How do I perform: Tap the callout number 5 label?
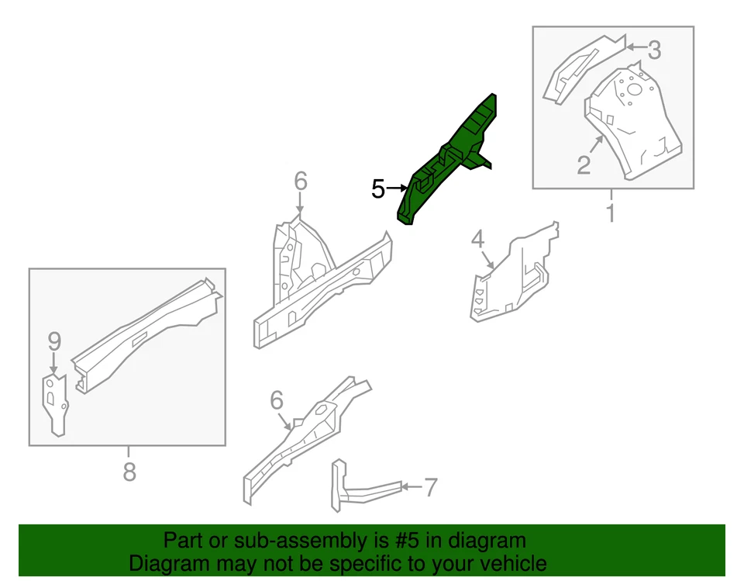377,188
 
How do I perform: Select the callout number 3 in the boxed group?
654,50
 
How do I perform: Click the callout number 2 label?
584,164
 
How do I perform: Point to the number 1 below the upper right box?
611,212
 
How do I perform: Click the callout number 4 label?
478,239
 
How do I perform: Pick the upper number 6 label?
301,182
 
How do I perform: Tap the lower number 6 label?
277,400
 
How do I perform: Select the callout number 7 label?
430,488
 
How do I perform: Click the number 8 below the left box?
129,470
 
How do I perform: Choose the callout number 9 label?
53,341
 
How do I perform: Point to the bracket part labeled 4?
511,275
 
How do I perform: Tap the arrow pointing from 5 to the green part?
398,188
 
